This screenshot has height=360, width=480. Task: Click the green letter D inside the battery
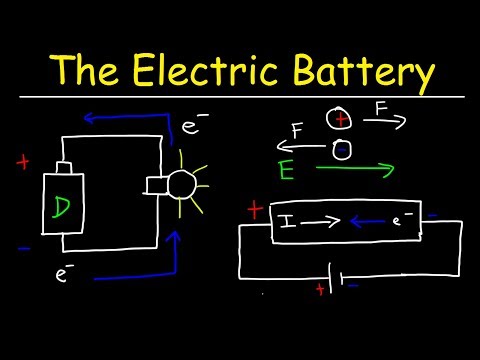click(62, 208)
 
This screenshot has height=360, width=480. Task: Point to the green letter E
click(288, 170)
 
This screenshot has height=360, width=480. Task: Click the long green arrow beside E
click(354, 170)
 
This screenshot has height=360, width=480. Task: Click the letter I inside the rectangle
click(287, 217)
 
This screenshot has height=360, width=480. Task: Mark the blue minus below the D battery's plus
click(22, 247)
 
